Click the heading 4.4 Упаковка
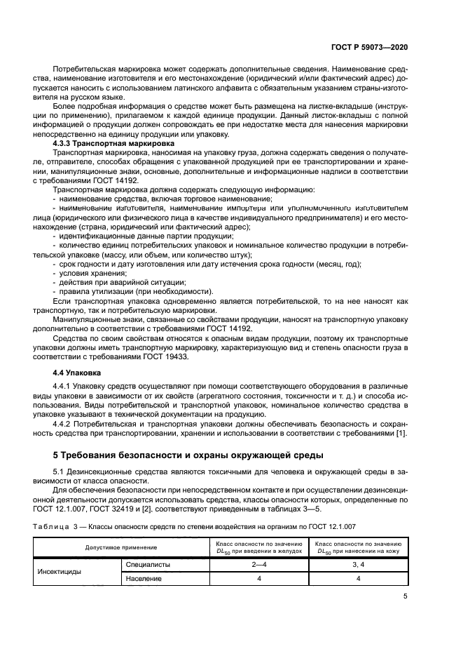point(77,373)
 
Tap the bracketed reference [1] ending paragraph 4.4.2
point(401,432)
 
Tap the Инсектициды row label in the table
point(59,571)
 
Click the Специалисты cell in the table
point(148,563)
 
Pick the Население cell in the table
point(144,579)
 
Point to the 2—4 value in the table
point(258,563)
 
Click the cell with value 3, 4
point(358,563)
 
